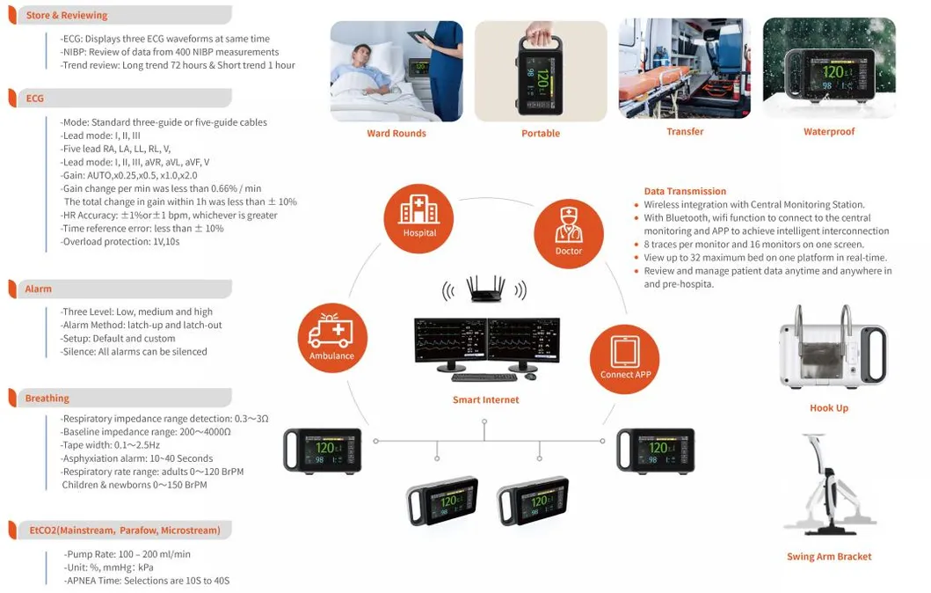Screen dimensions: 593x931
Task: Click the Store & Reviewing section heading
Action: click(x=67, y=15)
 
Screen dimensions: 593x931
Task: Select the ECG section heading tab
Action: click(x=35, y=99)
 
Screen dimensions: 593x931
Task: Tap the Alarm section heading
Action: click(x=39, y=289)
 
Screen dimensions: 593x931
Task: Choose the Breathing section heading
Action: click(x=47, y=399)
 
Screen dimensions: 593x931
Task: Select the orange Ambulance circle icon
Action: click(x=332, y=338)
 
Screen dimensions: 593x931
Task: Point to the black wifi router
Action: click(x=484, y=289)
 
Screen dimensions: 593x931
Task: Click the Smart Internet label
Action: click(x=485, y=400)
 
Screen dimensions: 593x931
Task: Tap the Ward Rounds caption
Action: click(x=396, y=134)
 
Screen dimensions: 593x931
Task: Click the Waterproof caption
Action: click(x=828, y=132)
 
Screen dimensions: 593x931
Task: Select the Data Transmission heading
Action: click(x=685, y=191)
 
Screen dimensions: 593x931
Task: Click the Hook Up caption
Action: click(x=828, y=408)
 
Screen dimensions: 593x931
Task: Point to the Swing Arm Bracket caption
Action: click(x=829, y=557)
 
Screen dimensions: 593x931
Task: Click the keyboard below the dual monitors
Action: click(x=484, y=377)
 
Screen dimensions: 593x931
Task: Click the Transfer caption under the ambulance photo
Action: click(x=685, y=132)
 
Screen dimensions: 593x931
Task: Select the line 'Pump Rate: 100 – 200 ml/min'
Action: click(x=128, y=554)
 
